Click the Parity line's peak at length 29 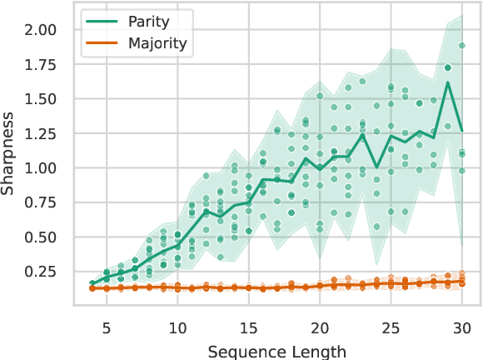[448, 82]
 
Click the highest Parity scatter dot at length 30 [461, 46]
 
